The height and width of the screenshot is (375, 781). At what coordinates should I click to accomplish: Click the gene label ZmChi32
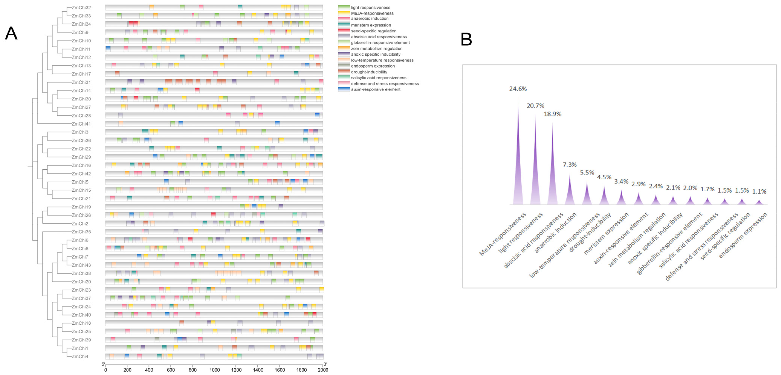81,8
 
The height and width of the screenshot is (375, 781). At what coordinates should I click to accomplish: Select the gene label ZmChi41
81,124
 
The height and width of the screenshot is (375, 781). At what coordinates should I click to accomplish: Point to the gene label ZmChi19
81,207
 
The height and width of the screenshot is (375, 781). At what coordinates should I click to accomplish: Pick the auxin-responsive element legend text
376,89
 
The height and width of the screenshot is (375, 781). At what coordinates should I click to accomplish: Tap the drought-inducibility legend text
369,72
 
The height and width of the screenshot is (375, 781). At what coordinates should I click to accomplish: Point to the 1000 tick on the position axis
214,370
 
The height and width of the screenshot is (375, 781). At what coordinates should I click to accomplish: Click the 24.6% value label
518,89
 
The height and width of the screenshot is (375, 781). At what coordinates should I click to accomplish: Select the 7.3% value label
570,164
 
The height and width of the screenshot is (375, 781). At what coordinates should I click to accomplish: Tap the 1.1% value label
759,191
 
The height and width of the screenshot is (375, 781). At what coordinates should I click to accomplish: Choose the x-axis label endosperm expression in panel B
743,235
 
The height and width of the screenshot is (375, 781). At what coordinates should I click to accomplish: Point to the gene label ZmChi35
81,232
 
